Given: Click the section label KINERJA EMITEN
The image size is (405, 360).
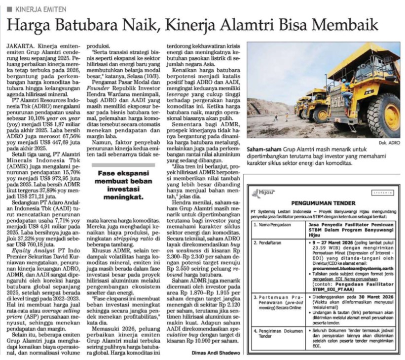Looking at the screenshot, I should (x=37, y=9).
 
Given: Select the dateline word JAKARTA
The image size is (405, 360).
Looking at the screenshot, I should (x=20, y=46).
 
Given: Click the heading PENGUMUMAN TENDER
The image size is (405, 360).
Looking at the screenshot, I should (x=324, y=202).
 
